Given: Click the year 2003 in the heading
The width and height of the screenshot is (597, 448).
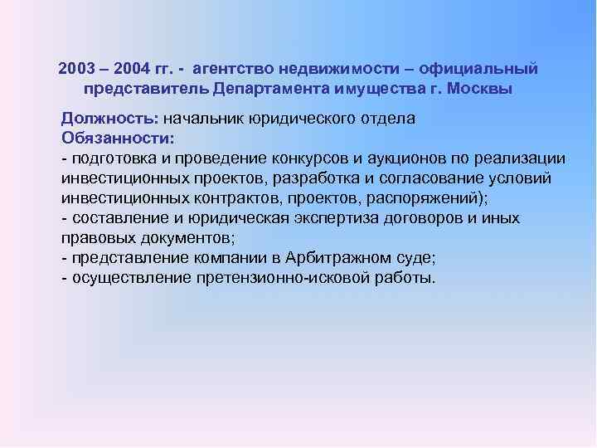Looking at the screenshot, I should [x=77, y=67].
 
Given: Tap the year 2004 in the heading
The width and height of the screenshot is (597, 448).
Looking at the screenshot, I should [x=132, y=67].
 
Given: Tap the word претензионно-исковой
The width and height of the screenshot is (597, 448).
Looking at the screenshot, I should [x=287, y=278].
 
